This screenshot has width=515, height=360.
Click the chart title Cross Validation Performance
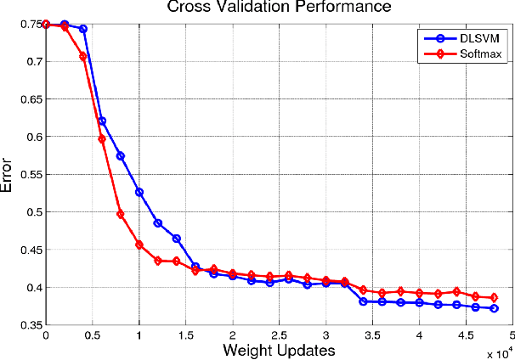[269, 8]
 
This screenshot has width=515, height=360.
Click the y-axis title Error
[8, 177]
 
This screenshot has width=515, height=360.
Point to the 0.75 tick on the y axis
[31, 25]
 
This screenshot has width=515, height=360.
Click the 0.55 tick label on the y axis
[31, 174]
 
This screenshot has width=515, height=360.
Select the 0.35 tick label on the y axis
[31, 325]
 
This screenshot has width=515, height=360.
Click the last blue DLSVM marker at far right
[494, 308]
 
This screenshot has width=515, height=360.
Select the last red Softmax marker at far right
[494, 298]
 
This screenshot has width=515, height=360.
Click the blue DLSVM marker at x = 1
[139, 192]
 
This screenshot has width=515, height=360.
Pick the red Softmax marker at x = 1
[139, 245]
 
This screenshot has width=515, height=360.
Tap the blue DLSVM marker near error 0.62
[102, 121]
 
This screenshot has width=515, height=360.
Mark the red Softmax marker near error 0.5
[121, 214]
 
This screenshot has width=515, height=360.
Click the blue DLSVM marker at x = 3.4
[363, 301]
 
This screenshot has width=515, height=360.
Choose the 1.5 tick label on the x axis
[185, 335]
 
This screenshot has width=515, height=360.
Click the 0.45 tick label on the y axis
[31, 250]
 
